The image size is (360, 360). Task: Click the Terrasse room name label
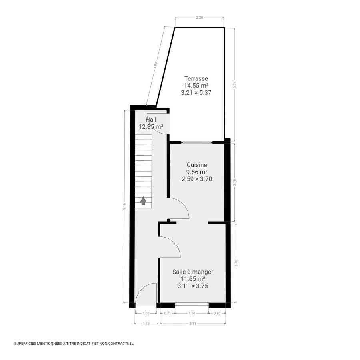tap(196, 78)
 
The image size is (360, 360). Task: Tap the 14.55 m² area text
tap(196, 85)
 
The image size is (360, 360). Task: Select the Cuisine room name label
tap(197, 165)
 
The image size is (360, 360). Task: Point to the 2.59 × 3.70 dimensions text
tap(197, 179)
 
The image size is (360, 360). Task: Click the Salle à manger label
tap(193, 272)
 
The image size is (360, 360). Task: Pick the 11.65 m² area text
tap(193, 279)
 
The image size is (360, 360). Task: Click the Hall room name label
tap(151, 120)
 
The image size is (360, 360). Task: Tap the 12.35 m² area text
tap(151, 126)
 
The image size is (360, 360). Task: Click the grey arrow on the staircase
tap(143, 200)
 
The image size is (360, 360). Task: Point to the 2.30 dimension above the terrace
tap(200, 18)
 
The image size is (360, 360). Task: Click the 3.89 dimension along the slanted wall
tap(156, 66)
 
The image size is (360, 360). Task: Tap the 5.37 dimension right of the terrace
tap(235, 85)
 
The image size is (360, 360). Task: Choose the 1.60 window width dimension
tap(192, 313)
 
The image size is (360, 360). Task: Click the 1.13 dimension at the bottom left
tap(146, 324)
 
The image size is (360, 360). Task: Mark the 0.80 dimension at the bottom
tap(217, 313)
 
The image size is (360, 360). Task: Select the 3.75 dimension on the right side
tap(236, 263)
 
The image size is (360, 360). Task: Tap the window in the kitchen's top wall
tap(197, 142)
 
